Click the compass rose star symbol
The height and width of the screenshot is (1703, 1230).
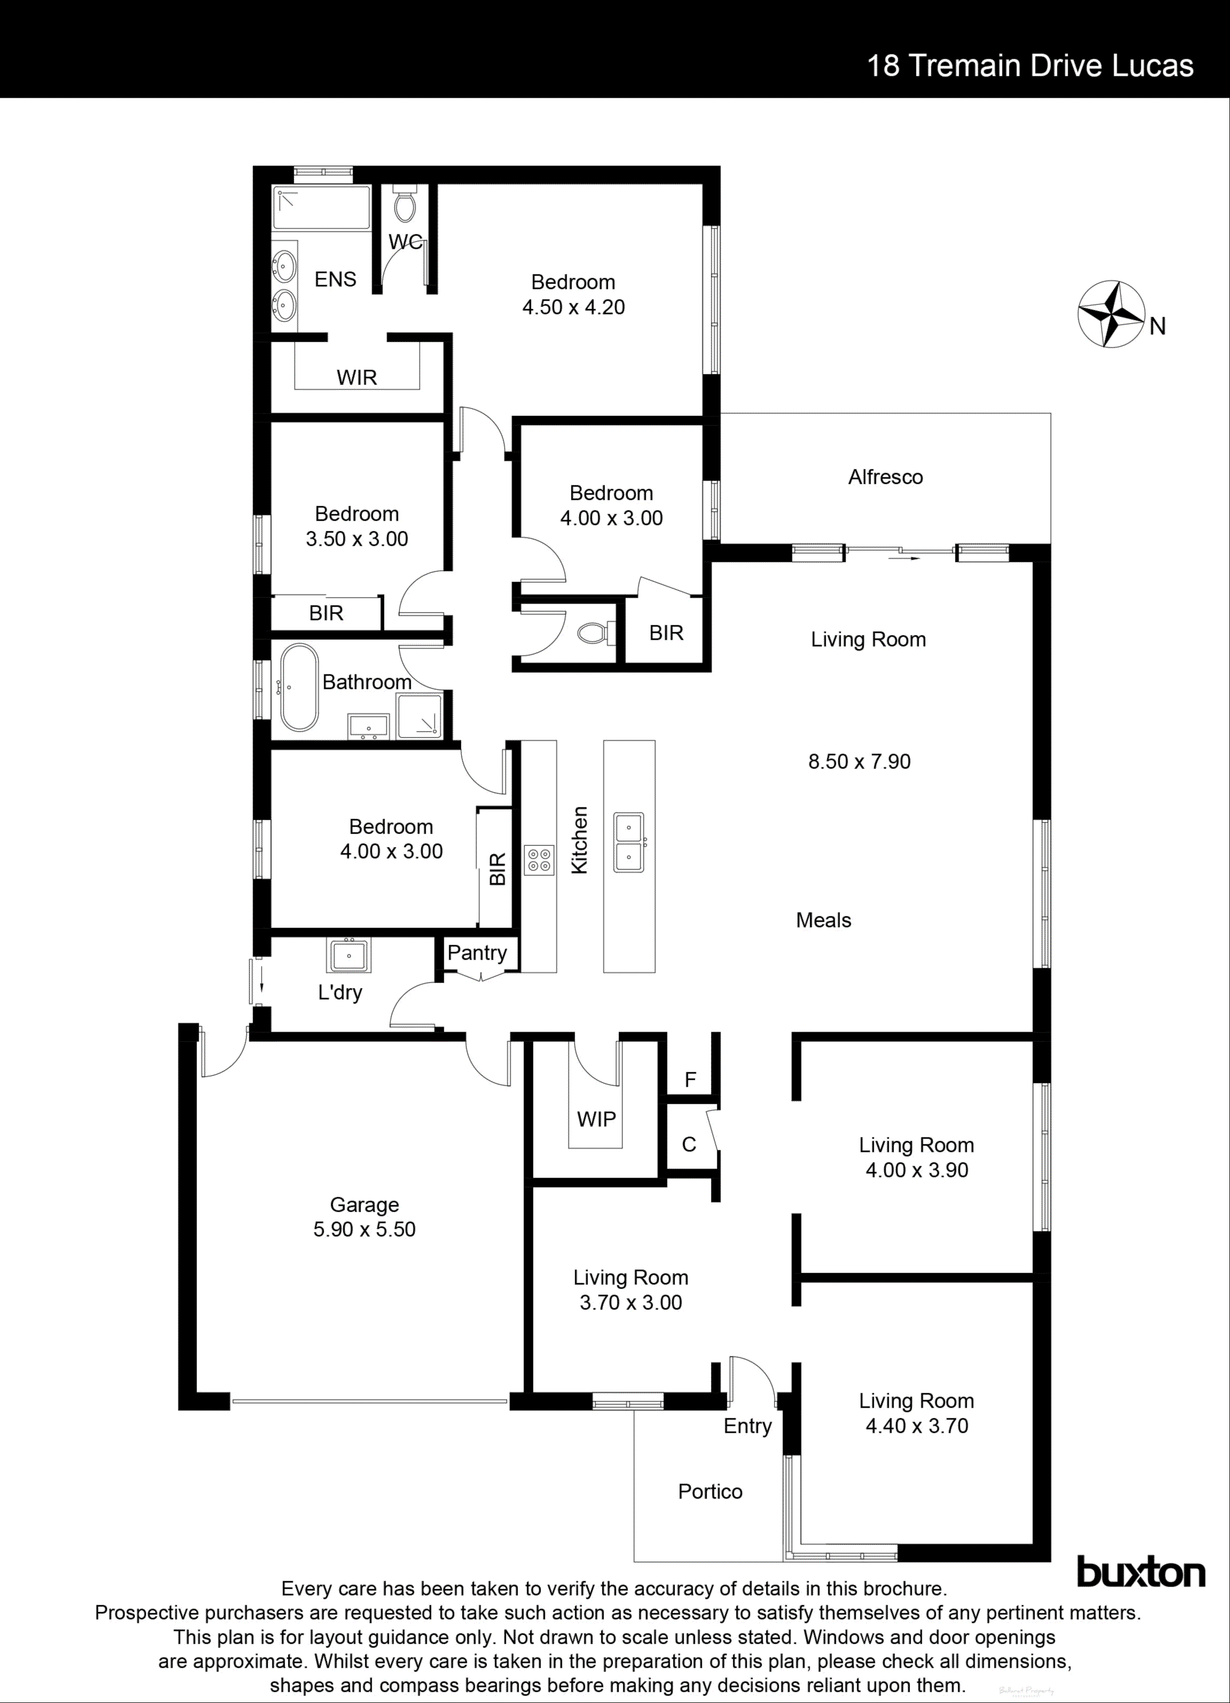pyautogui.click(x=1110, y=314)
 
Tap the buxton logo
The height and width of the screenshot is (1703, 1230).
pyautogui.click(x=1141, y=1572)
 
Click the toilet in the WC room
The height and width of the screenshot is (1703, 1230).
pyautogui.click(x=405, y=206)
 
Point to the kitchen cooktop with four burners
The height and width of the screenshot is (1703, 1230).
pyautogui.click(x=539, y=860)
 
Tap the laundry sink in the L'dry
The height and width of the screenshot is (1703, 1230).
pyautogui.click(x=348, y=955)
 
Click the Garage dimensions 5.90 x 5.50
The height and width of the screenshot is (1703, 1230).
pyautogui.click(x=364, y=1229)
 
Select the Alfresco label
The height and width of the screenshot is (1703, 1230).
pyautogui.click(x=886, y=477)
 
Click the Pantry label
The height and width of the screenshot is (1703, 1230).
pyautogui.click(x=477, y=952)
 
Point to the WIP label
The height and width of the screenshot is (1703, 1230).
pyautogui.click(x=596, y=1119)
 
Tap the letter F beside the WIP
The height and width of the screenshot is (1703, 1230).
pyautogui.click(x=690, y=1080)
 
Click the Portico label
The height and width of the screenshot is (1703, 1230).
pyautogui.click(x=710, y=1491)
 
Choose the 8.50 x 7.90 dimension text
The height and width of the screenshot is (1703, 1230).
pyautogui.click(x=859, y=762)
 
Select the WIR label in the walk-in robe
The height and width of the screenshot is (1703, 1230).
pyautogui.click(x=357, y=377)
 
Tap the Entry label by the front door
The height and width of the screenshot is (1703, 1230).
pyautogui.click(x=747, y=1425)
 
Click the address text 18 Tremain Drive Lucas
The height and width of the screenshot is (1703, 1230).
pyautogui.click(x=1030, y=66)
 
